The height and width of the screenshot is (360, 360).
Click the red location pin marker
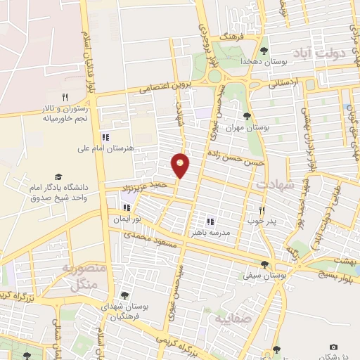click(181, 165)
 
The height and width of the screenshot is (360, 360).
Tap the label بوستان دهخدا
click(264, 62)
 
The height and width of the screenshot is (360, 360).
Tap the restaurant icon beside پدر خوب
click(262, 210)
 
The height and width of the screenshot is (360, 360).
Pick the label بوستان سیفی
click(264, 276)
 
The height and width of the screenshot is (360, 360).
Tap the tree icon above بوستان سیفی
click(264, 264)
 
